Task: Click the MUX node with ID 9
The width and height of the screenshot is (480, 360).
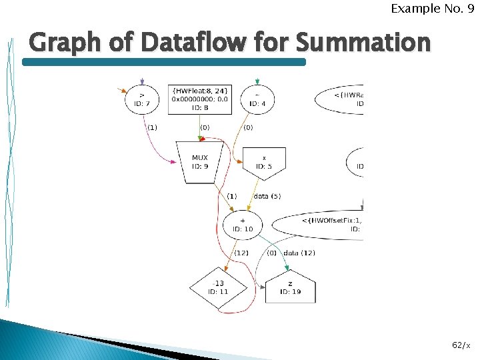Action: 200,162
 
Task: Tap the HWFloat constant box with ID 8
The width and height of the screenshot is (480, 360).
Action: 200,99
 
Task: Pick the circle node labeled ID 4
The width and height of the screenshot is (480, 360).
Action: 257,100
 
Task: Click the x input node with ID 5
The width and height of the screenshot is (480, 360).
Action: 264,162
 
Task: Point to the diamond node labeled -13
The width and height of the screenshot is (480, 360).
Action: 217,287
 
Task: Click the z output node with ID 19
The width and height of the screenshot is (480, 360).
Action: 290,287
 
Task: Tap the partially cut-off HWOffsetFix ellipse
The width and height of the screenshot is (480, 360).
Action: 327,225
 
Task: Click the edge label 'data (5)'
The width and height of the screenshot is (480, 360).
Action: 267,196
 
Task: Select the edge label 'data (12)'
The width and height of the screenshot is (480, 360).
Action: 299,253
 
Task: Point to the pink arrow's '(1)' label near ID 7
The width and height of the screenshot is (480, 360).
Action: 152,127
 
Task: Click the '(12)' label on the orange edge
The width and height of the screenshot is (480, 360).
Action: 241,253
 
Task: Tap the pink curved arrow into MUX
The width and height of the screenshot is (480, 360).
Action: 160,150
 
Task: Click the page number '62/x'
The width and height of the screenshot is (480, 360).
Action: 461,345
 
